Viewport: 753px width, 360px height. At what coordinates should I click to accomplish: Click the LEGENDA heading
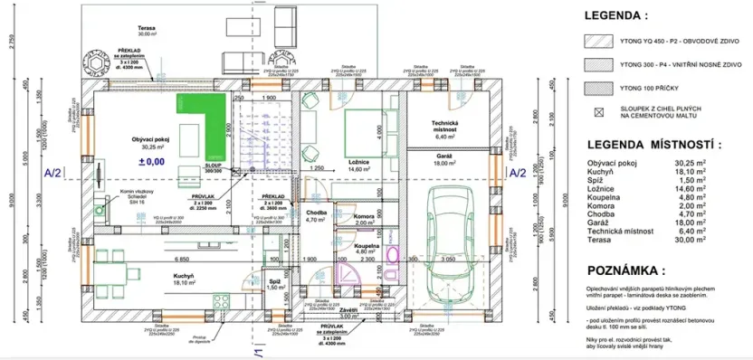(616, 15)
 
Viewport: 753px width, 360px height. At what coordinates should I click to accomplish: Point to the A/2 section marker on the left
(52, 173)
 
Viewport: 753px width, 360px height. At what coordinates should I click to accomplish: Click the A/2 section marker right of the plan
(517, 173)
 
